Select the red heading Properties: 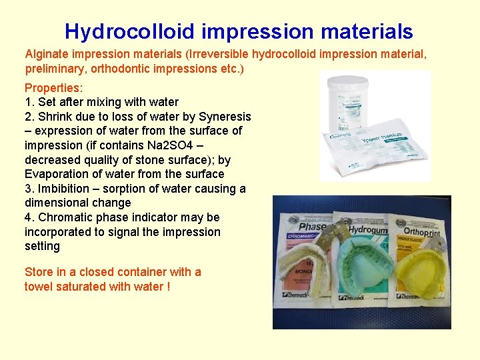coord(53,88)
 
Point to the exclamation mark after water coord(168,287)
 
